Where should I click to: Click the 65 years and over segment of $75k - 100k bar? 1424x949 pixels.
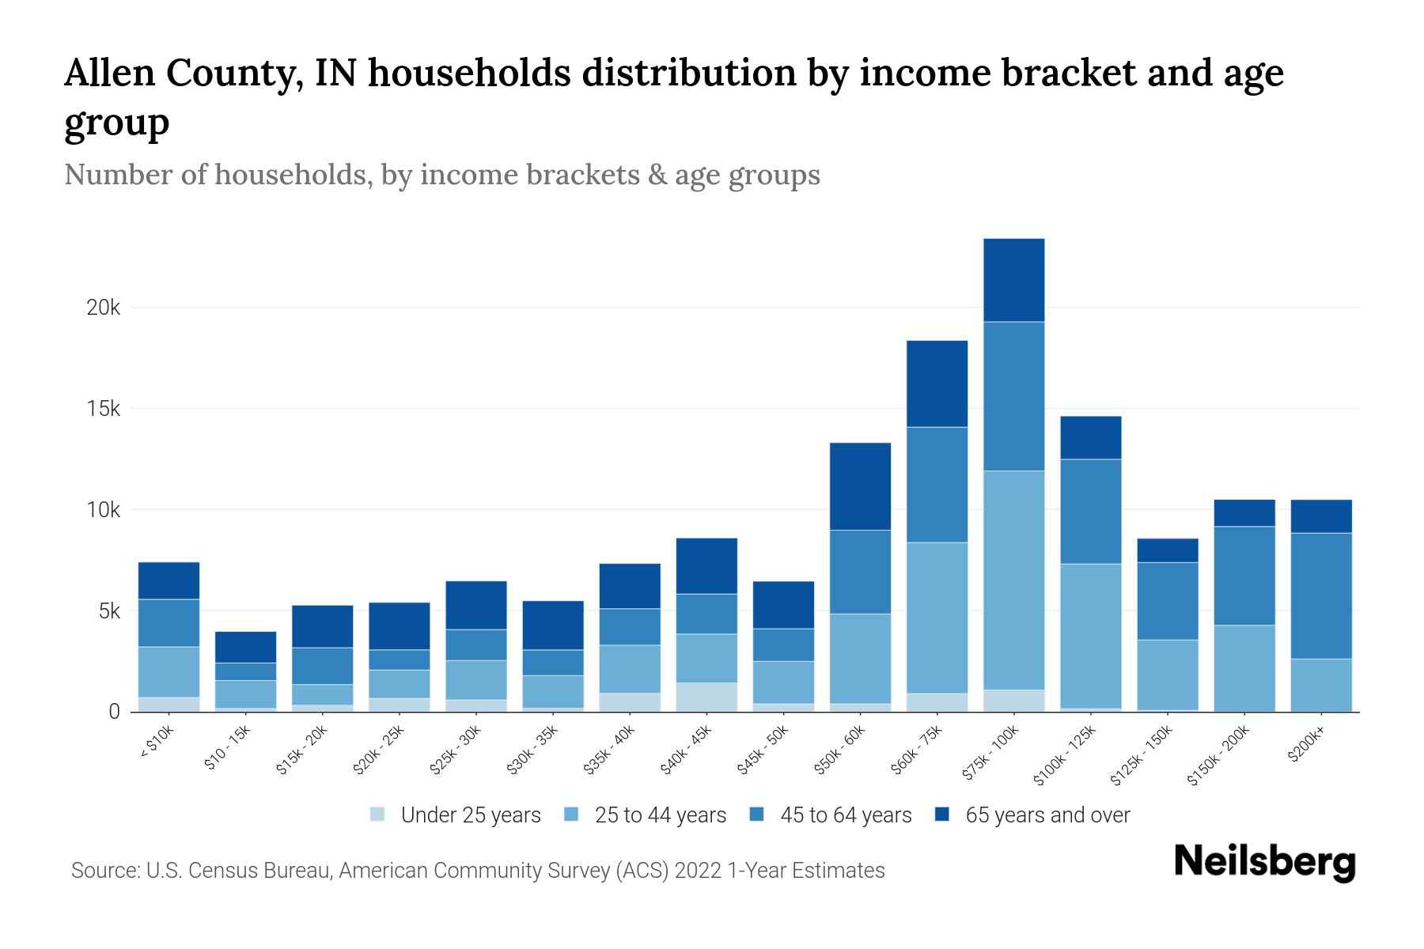[1013, 280]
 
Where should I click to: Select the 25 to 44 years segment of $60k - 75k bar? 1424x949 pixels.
[937, 618]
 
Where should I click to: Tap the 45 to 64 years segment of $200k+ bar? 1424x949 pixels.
[1321, 595]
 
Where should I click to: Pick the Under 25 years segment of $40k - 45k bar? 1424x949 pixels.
[706, 697]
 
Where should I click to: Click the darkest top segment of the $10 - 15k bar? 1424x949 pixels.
[245, 647]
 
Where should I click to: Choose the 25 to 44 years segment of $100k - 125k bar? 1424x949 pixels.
[1090, 636]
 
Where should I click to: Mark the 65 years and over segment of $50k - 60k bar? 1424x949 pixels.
[860, 486]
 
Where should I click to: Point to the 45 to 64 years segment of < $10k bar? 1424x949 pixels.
[169, 623]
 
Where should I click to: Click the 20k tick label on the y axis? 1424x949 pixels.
[103, 308]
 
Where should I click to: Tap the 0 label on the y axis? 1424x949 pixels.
[114, 712]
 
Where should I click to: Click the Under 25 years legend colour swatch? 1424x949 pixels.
[377, 814]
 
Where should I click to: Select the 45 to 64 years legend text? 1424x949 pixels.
[846, 815]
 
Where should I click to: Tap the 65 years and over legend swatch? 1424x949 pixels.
[942, 814]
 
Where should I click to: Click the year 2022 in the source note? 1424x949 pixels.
[699, 871]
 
